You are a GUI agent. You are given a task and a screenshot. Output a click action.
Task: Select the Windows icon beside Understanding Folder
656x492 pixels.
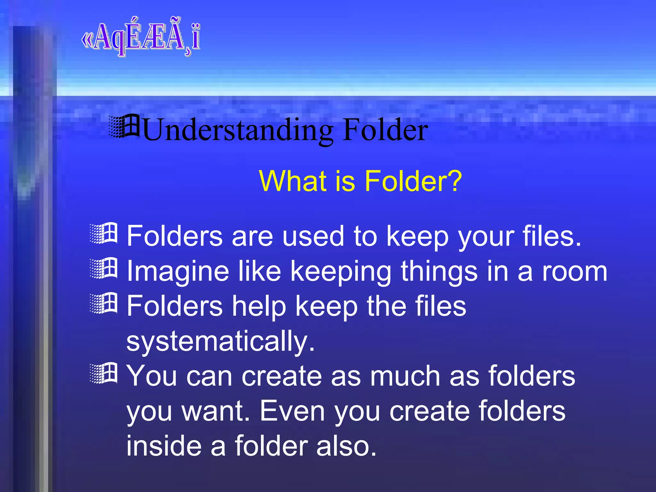[x=124, y=126]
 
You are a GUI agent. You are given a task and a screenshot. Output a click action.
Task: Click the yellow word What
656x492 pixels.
[x=293, y=181]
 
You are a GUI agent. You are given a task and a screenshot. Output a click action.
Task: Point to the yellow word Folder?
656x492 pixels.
[x=413, y=181]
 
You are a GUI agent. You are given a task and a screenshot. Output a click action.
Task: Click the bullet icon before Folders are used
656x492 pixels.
[x=104, y=233]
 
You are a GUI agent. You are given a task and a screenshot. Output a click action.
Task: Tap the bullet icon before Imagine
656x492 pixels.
[x=104, y=268]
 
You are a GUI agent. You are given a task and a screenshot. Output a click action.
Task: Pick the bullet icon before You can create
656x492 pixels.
[x=104, y=373]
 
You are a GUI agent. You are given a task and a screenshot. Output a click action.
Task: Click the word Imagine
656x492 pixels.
[x=178, y=272]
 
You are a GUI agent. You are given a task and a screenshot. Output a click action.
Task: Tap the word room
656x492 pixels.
[x=575, y=272]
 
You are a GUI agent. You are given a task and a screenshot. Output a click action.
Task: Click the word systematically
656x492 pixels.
[x=220, y=341]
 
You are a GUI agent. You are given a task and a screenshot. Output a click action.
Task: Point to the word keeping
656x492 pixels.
[x=341, y=272]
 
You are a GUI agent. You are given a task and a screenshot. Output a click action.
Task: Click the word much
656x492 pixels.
[x=405, y=376]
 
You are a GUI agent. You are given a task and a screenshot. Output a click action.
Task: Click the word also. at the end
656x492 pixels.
[x=346, y=446]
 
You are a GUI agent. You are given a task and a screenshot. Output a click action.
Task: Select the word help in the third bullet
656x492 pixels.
[x=259, y=307]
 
